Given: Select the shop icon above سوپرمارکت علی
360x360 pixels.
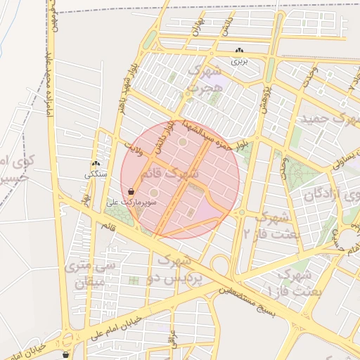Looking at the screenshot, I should tap(131, 191).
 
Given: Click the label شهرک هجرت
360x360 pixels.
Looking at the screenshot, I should tap(205, 79).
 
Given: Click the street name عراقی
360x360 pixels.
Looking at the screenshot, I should tap(172, 340).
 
